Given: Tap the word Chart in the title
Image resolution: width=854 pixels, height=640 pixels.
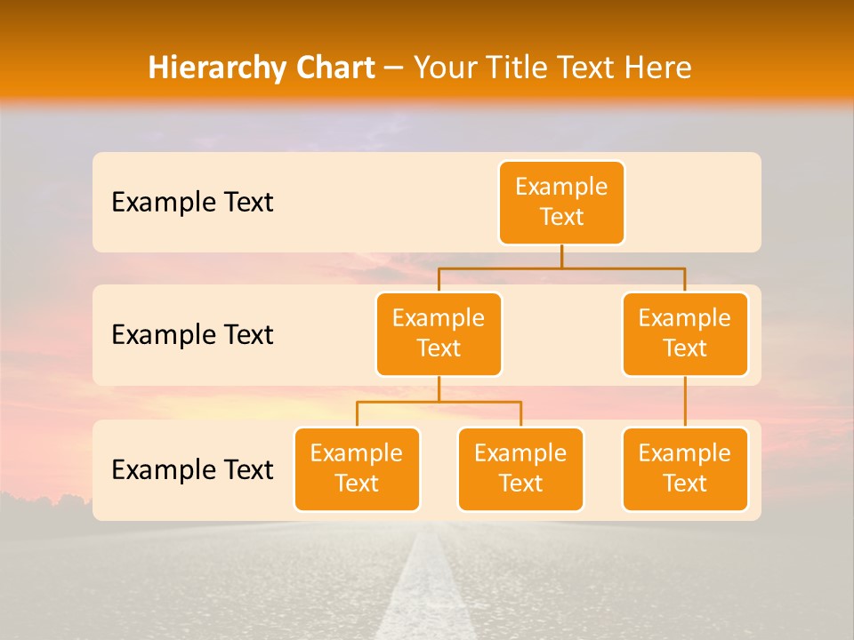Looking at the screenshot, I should [331, 68].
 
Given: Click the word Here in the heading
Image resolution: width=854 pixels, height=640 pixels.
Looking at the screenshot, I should [656, 68].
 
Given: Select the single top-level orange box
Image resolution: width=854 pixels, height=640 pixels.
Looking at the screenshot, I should [561, 203].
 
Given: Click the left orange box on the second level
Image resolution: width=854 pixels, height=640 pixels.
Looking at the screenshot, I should [439, 334].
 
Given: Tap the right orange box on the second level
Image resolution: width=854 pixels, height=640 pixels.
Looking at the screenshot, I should [685, 334].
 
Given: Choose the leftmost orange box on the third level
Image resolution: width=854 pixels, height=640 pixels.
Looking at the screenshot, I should [357, 469].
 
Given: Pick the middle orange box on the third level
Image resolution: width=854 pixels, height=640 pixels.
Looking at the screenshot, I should [520, 469].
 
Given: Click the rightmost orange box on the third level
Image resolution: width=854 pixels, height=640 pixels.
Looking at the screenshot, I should [685, 469].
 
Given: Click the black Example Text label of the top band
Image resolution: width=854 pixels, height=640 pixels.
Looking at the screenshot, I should [192, 203].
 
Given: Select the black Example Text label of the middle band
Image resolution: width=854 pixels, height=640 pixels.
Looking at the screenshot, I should [192, 335].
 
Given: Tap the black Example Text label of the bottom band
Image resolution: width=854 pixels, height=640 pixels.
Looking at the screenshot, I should [192, 470].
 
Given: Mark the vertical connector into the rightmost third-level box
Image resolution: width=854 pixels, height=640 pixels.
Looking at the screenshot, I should [685, 402].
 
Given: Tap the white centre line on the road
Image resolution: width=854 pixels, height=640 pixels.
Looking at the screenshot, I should [428, 587].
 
